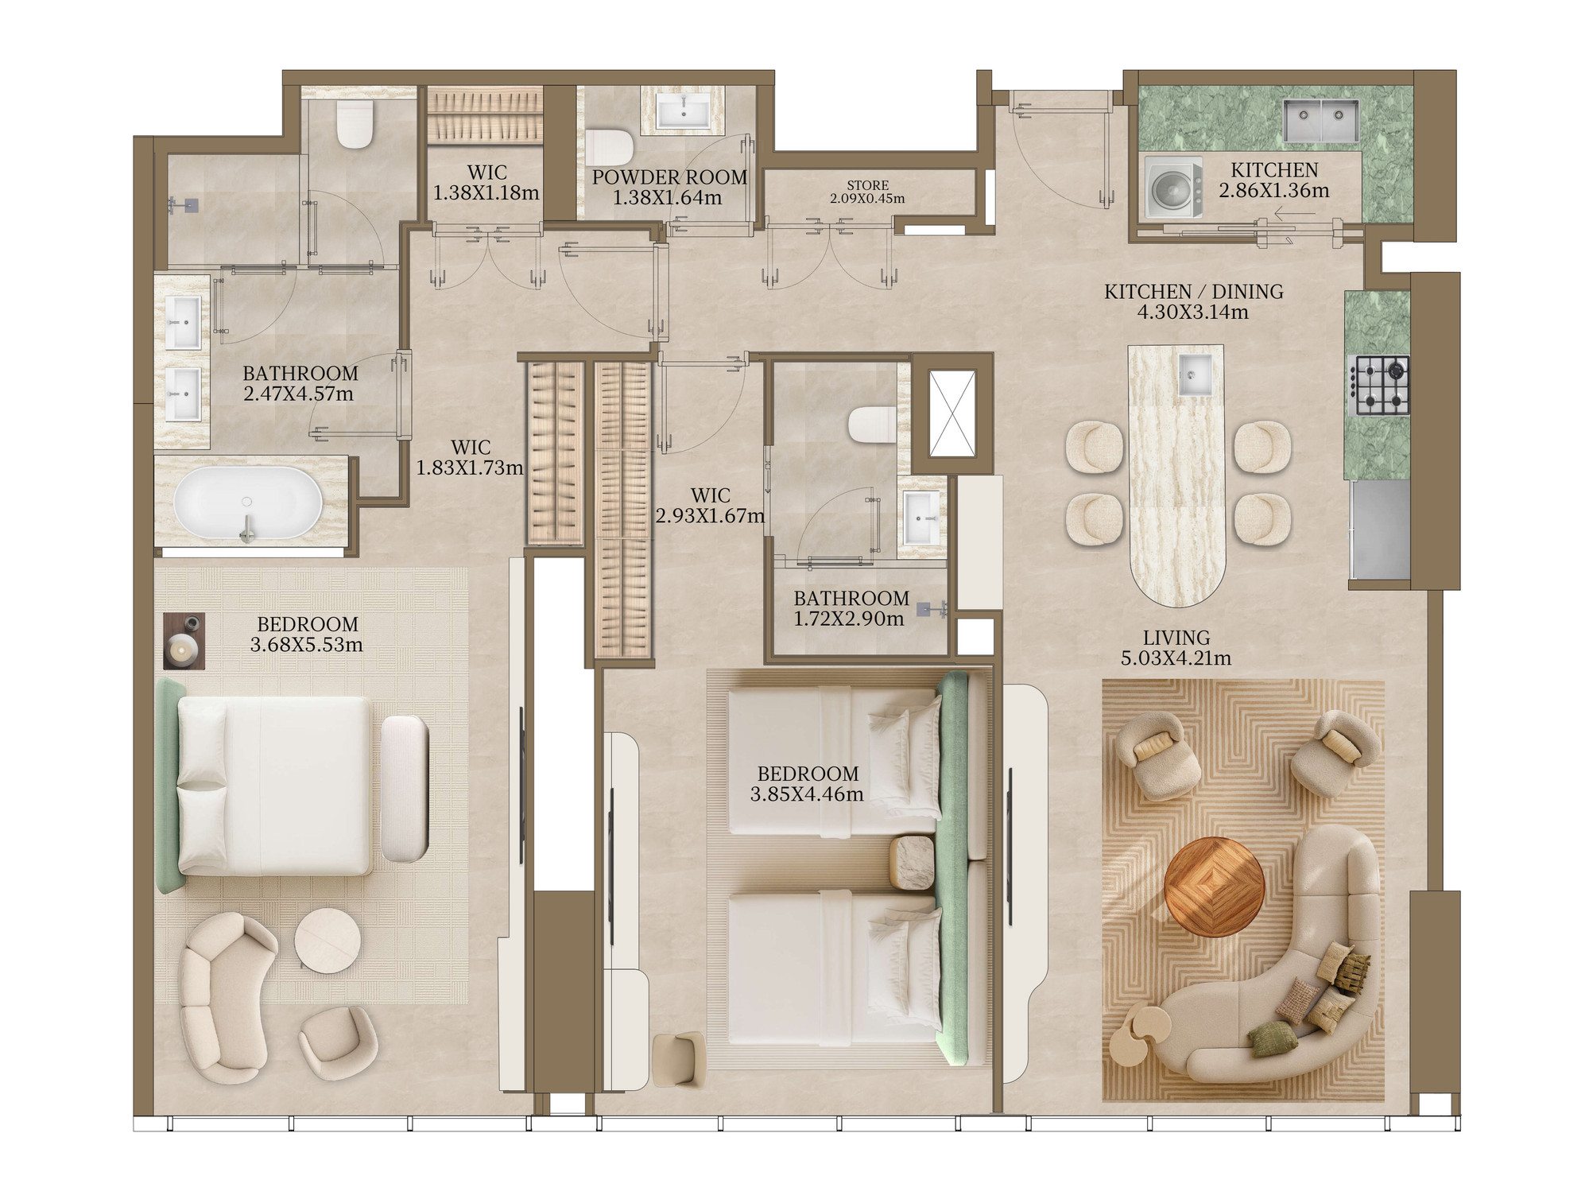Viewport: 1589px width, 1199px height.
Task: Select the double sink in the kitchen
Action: (x=1324, y=120)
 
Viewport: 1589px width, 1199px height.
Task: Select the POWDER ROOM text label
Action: (x=669, y=177)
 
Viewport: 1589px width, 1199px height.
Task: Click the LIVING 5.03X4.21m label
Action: (x=1176, y=648)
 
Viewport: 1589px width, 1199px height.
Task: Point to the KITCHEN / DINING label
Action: (x=1193, y=292)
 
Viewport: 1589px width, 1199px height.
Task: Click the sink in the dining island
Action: (x=1195, y=374)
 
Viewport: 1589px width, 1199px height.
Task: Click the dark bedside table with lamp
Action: (x=184, y=640)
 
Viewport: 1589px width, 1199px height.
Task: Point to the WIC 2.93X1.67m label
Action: (x=710, y=506)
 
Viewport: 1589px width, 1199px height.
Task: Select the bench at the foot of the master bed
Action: (x=405, y=788)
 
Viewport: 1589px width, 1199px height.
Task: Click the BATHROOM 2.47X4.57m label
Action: (x=300, y=383)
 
